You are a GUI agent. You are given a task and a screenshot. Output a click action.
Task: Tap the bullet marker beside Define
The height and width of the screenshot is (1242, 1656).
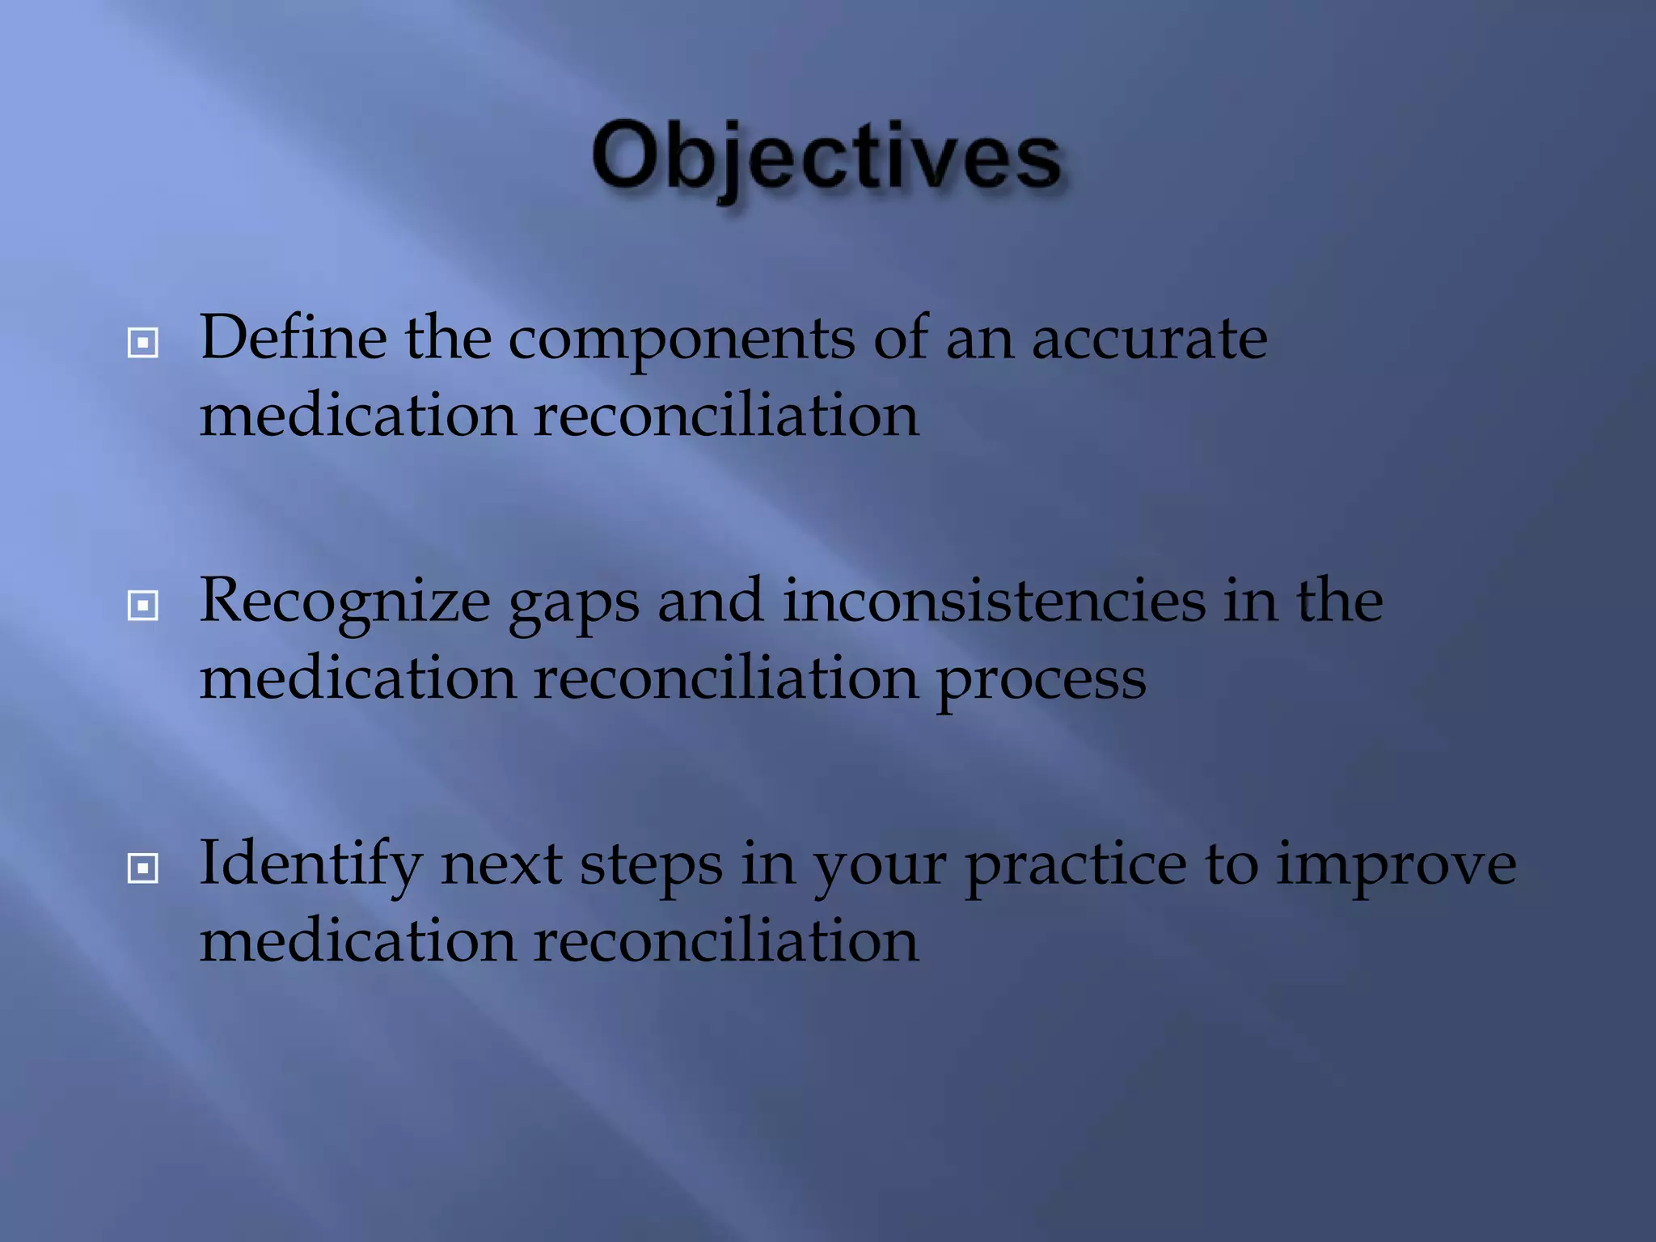click(143, 343)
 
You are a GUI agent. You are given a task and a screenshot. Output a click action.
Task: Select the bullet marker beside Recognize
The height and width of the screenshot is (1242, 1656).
click(143, 605)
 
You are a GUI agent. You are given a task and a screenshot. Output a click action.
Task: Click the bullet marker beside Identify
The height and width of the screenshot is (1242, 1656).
click(143, 868)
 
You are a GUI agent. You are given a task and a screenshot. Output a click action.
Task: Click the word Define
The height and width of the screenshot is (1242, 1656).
click(293, 338)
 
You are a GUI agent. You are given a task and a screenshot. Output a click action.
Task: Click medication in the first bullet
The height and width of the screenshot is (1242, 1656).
click(357, 416)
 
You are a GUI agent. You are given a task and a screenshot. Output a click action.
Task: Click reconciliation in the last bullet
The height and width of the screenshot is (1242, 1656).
click(725, 941)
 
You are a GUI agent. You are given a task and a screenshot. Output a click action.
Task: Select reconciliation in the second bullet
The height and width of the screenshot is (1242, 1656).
click(725, 679)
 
